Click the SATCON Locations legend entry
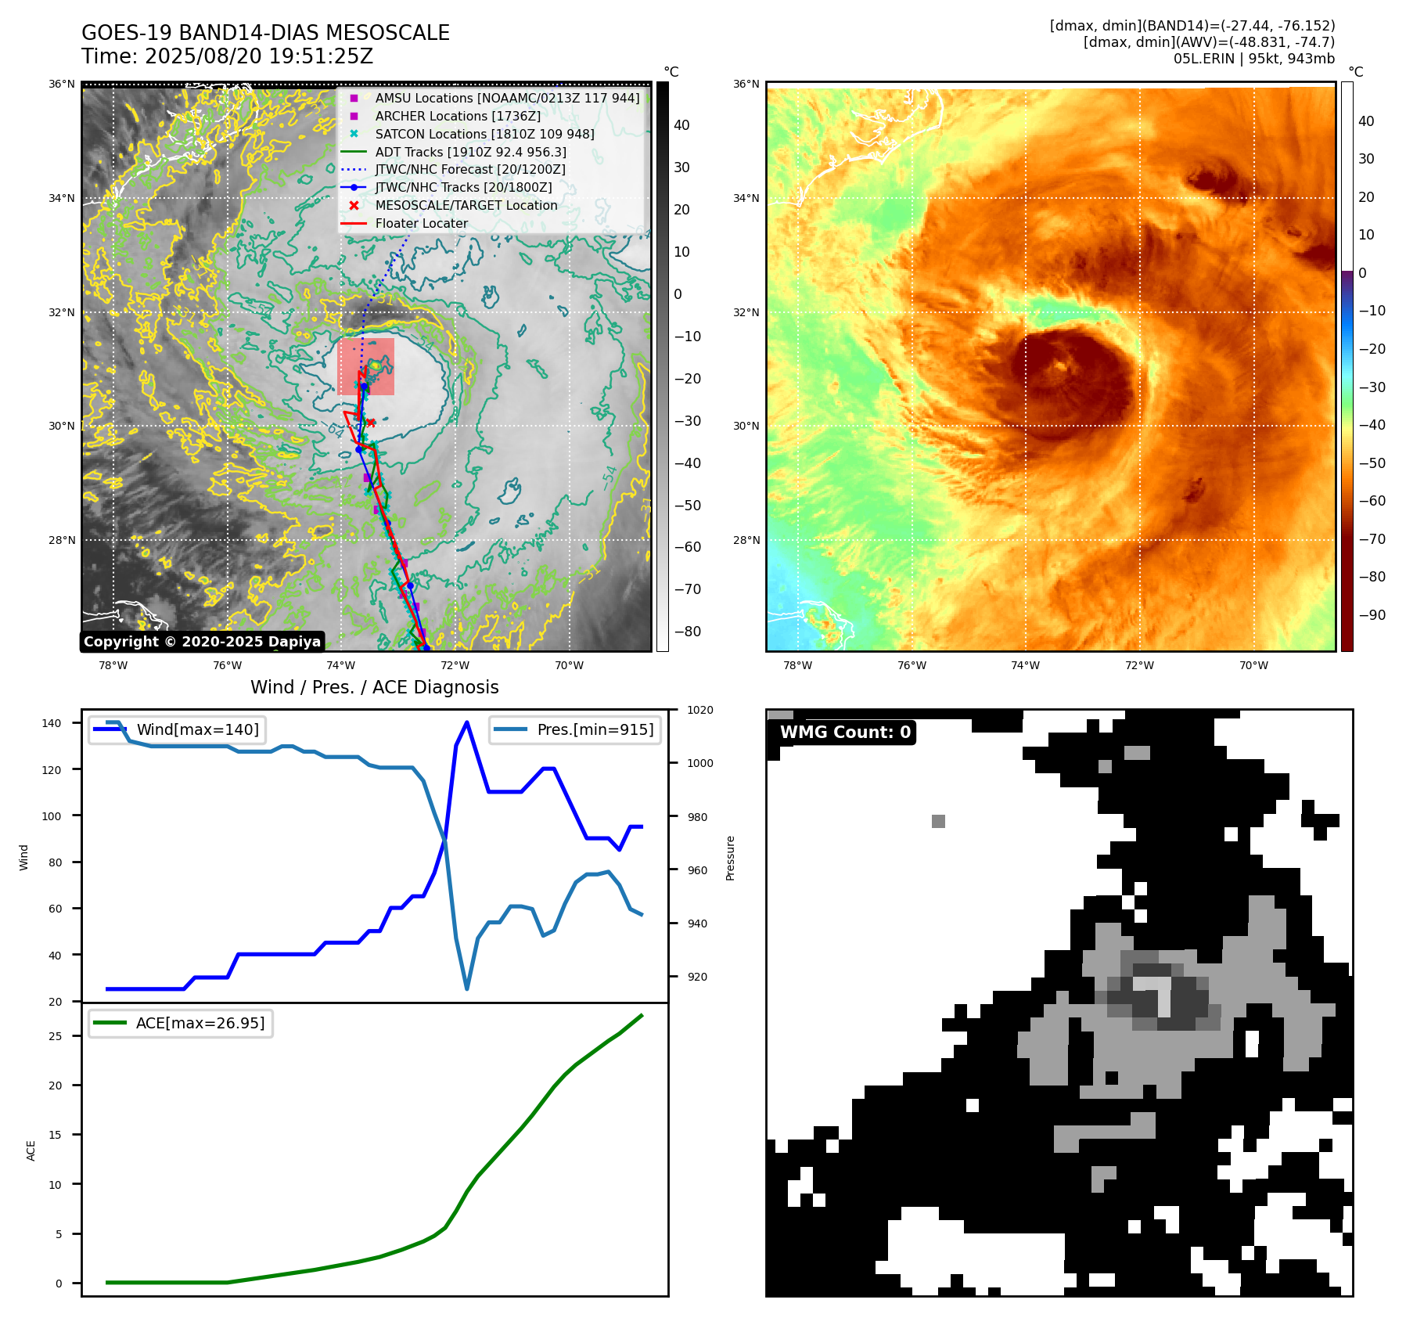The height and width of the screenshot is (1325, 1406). coord(484,134)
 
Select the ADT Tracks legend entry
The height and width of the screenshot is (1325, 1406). coord(470,152)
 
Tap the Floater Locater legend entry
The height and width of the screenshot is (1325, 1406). coord(421,223)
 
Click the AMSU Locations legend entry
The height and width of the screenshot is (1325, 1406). coord(507,98)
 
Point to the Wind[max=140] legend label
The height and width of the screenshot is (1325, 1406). coord(197,729)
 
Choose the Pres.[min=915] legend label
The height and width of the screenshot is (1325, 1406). coord(595,729)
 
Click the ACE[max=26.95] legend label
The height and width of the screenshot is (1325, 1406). coord(200,1023)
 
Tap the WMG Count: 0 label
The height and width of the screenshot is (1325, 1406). coord(845,733)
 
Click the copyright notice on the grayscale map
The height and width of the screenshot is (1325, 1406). coord(202,642)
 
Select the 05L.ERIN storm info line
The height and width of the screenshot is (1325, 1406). coord(1253,59)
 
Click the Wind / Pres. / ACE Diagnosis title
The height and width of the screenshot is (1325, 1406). coord(374,687)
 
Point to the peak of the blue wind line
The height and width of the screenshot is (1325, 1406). coord(467,722)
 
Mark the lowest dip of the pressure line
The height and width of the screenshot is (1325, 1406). coord(467,988)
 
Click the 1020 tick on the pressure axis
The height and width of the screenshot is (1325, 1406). coord(700,710)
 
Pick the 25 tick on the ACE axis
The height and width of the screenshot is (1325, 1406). coord(56,1036)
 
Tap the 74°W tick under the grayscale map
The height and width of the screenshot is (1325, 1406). coord(341,665)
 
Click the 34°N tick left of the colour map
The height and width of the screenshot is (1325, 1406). coord(746,198)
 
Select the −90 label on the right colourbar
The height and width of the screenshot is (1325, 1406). coord(1372,615)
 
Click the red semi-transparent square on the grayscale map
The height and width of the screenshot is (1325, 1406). coord(365,366)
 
